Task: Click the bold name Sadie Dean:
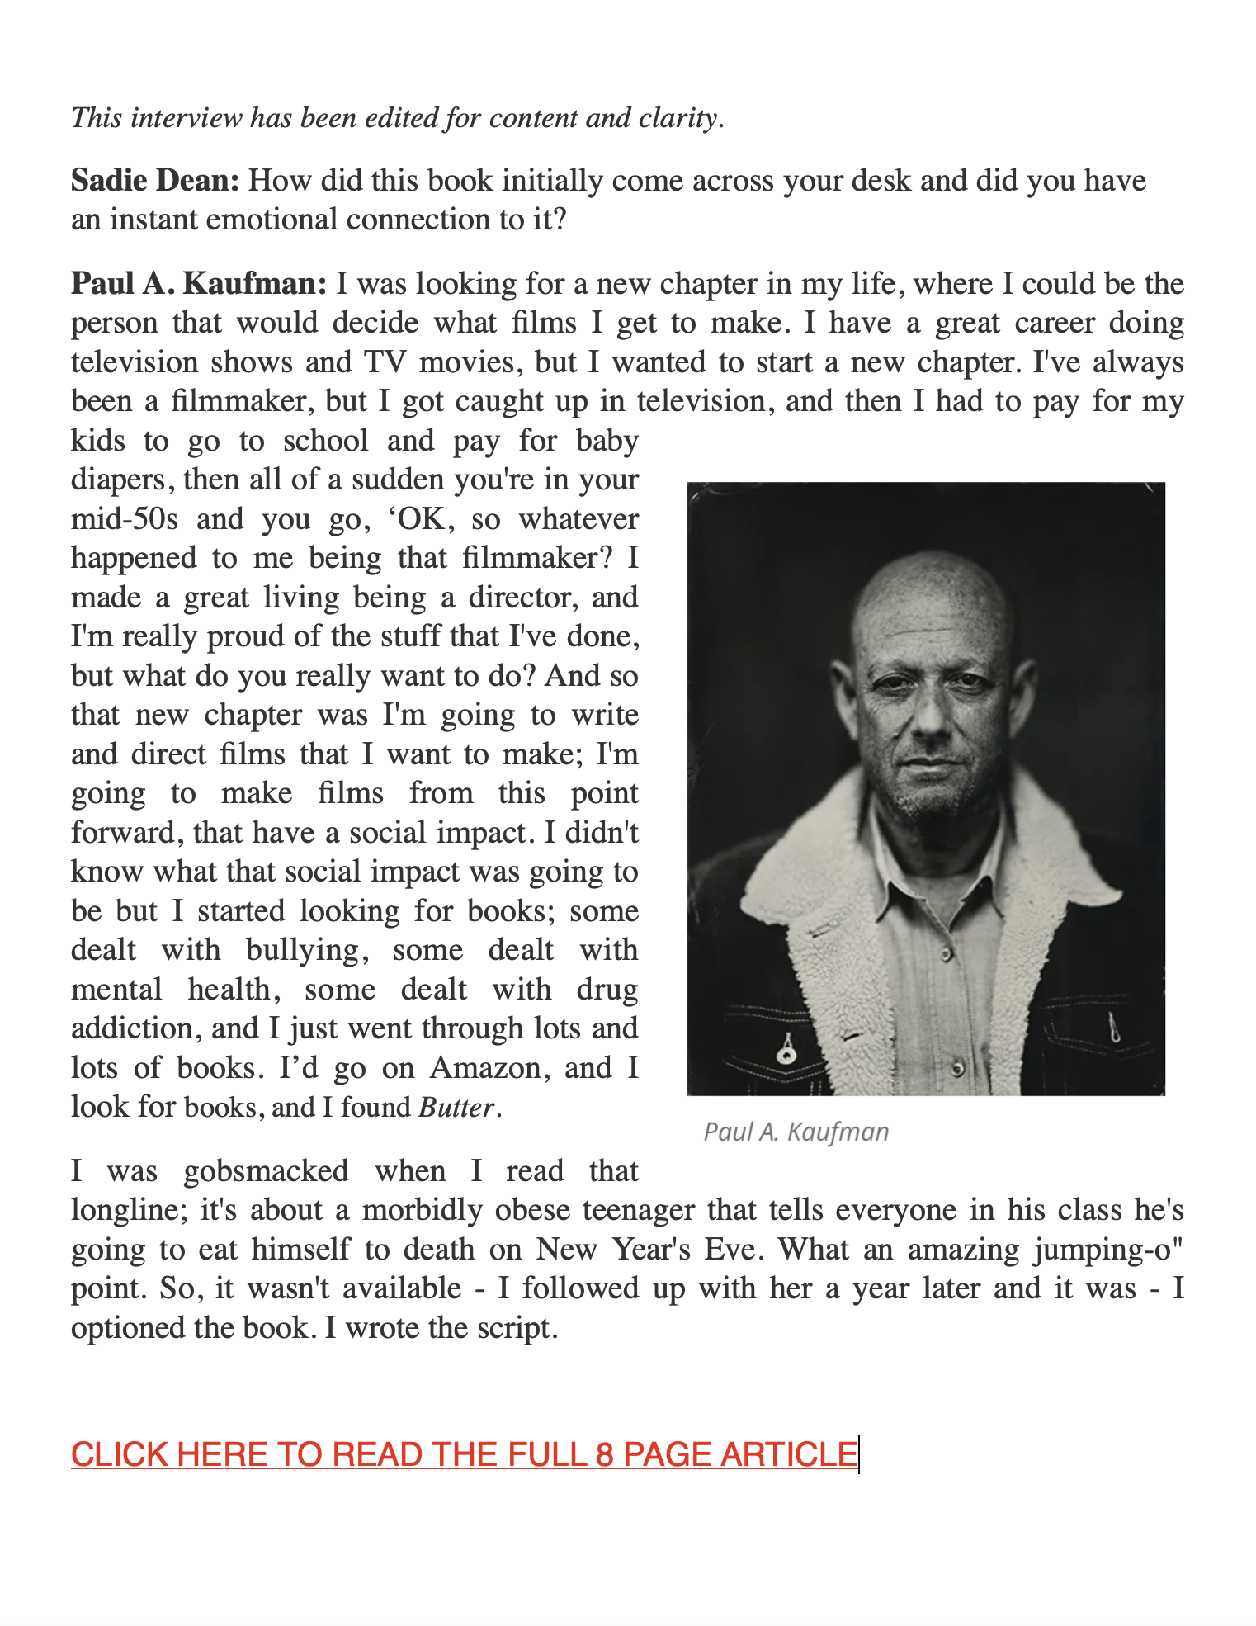coord(155,181)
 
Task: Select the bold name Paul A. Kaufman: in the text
coord(199,284)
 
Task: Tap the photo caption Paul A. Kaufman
coord(796,1132)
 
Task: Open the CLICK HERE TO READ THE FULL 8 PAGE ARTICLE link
coord(464,1454)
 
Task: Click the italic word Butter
coord(456,1108)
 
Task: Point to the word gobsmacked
coord(266,1171)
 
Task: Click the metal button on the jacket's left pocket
coord(785,1053)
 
